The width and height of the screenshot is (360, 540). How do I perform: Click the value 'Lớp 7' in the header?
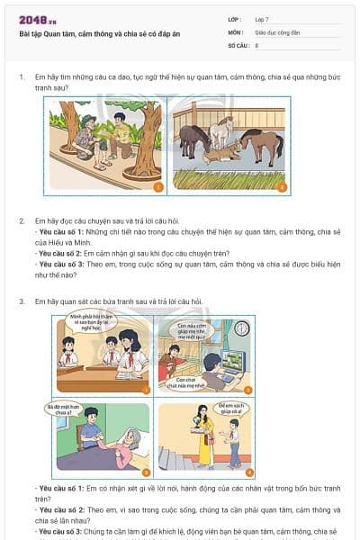[x=262, y=19]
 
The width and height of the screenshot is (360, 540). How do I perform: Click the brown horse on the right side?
[x=261, y=144]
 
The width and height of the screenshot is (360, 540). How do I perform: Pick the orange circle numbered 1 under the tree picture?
[x=157, y=187]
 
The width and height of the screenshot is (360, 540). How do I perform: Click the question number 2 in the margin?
[x=22, y=220]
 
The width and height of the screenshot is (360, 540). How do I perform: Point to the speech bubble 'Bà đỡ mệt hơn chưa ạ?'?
[x=63, y=410]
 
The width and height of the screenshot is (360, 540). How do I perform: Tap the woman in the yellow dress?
[x=205, y=438]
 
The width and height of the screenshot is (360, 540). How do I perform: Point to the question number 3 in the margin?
[x=22, y=301]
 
